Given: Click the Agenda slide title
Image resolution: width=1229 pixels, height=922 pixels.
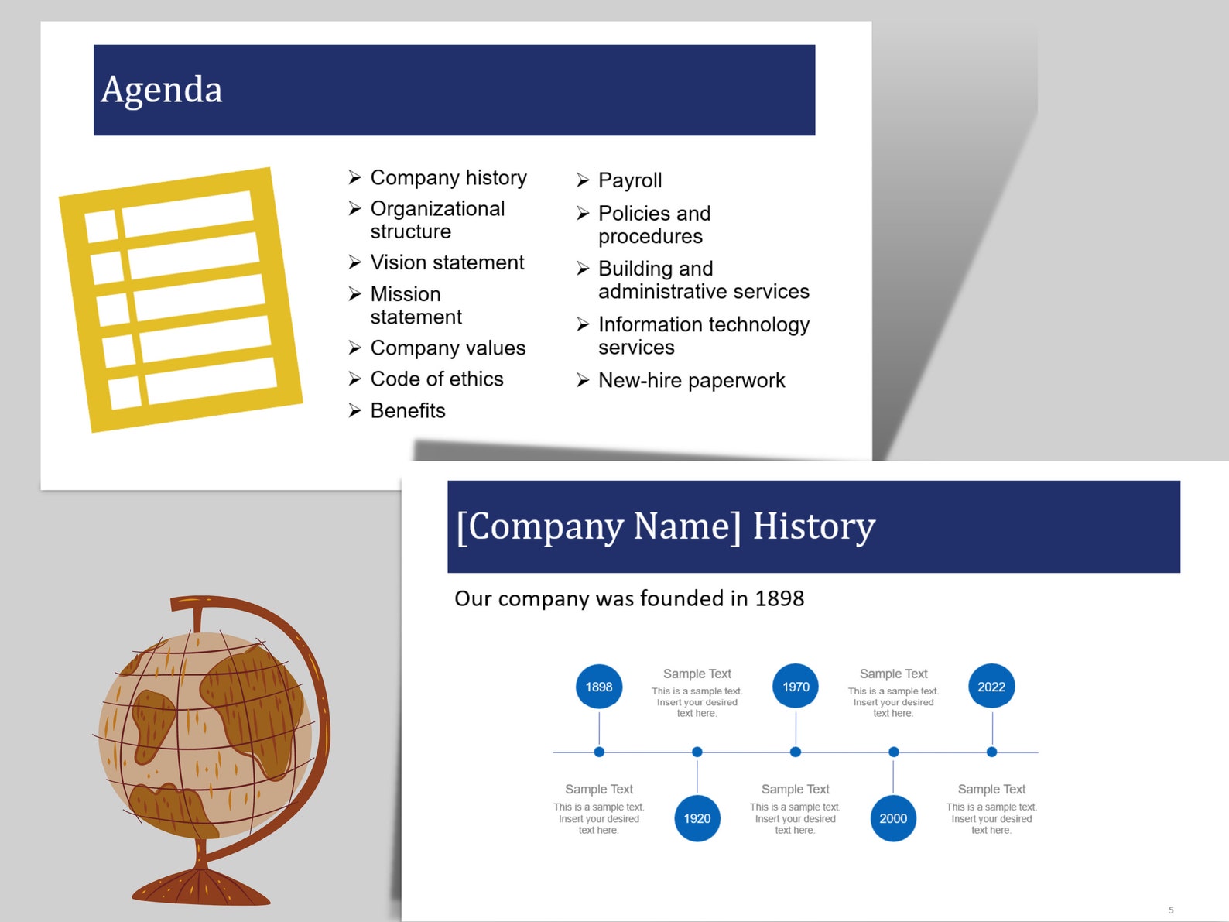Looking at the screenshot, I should (162, 90).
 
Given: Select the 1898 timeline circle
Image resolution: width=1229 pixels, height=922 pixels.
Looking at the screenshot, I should (599, 687).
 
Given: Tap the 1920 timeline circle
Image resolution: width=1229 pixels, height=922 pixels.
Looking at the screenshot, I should (697, 818).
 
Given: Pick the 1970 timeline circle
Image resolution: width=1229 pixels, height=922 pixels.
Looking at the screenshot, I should (796, 687).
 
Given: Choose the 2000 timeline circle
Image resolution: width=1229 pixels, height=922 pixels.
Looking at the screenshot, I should (893, 818).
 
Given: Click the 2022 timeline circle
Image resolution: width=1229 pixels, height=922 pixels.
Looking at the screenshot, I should (991, 687).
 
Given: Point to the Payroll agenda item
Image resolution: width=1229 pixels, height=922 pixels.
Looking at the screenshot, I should (630, 180).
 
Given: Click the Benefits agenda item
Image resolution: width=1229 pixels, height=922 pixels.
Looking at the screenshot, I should (408, 410).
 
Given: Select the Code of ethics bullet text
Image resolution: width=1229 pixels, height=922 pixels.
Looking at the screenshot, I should (436, 379).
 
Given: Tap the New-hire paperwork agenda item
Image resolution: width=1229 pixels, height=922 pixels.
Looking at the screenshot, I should (691, 380).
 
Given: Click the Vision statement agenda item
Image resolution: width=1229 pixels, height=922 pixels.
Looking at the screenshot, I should (447, 262).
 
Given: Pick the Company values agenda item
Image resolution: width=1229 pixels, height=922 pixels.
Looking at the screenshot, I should (447, 348).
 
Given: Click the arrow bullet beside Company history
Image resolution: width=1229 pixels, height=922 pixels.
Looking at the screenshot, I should (354, 177).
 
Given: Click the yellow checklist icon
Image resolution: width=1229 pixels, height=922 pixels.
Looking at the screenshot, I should (181, 299).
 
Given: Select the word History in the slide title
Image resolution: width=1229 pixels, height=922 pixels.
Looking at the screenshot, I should (813, 526).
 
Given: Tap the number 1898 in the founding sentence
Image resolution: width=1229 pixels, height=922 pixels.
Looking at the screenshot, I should (779, 598).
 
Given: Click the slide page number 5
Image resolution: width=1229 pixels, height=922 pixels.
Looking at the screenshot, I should (1171, 910).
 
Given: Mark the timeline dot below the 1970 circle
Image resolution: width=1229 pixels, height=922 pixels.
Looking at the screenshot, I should (796, 752).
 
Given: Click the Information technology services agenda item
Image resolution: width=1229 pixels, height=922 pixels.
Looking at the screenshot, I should (703, 335).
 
